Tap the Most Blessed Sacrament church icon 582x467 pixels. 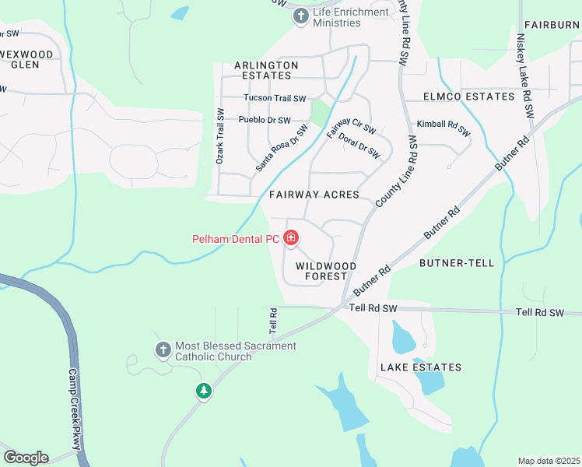tap(163, 350)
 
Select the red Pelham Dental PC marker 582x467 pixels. tap(291, 237)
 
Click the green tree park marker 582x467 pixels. tap(204, 391)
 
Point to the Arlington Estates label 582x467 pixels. tap(266, 70)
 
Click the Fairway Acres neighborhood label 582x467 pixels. tap(314, 195)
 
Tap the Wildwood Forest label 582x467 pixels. tap(326, 271)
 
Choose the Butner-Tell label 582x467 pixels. tap(457, 263)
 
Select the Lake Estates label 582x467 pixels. tap(421, 367)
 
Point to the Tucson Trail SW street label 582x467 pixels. tap(275, 98)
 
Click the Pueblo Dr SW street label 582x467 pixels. tap(265, 121)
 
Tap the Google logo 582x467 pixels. tap(26, 458)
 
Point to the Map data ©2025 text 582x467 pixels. tap(549, 461)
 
